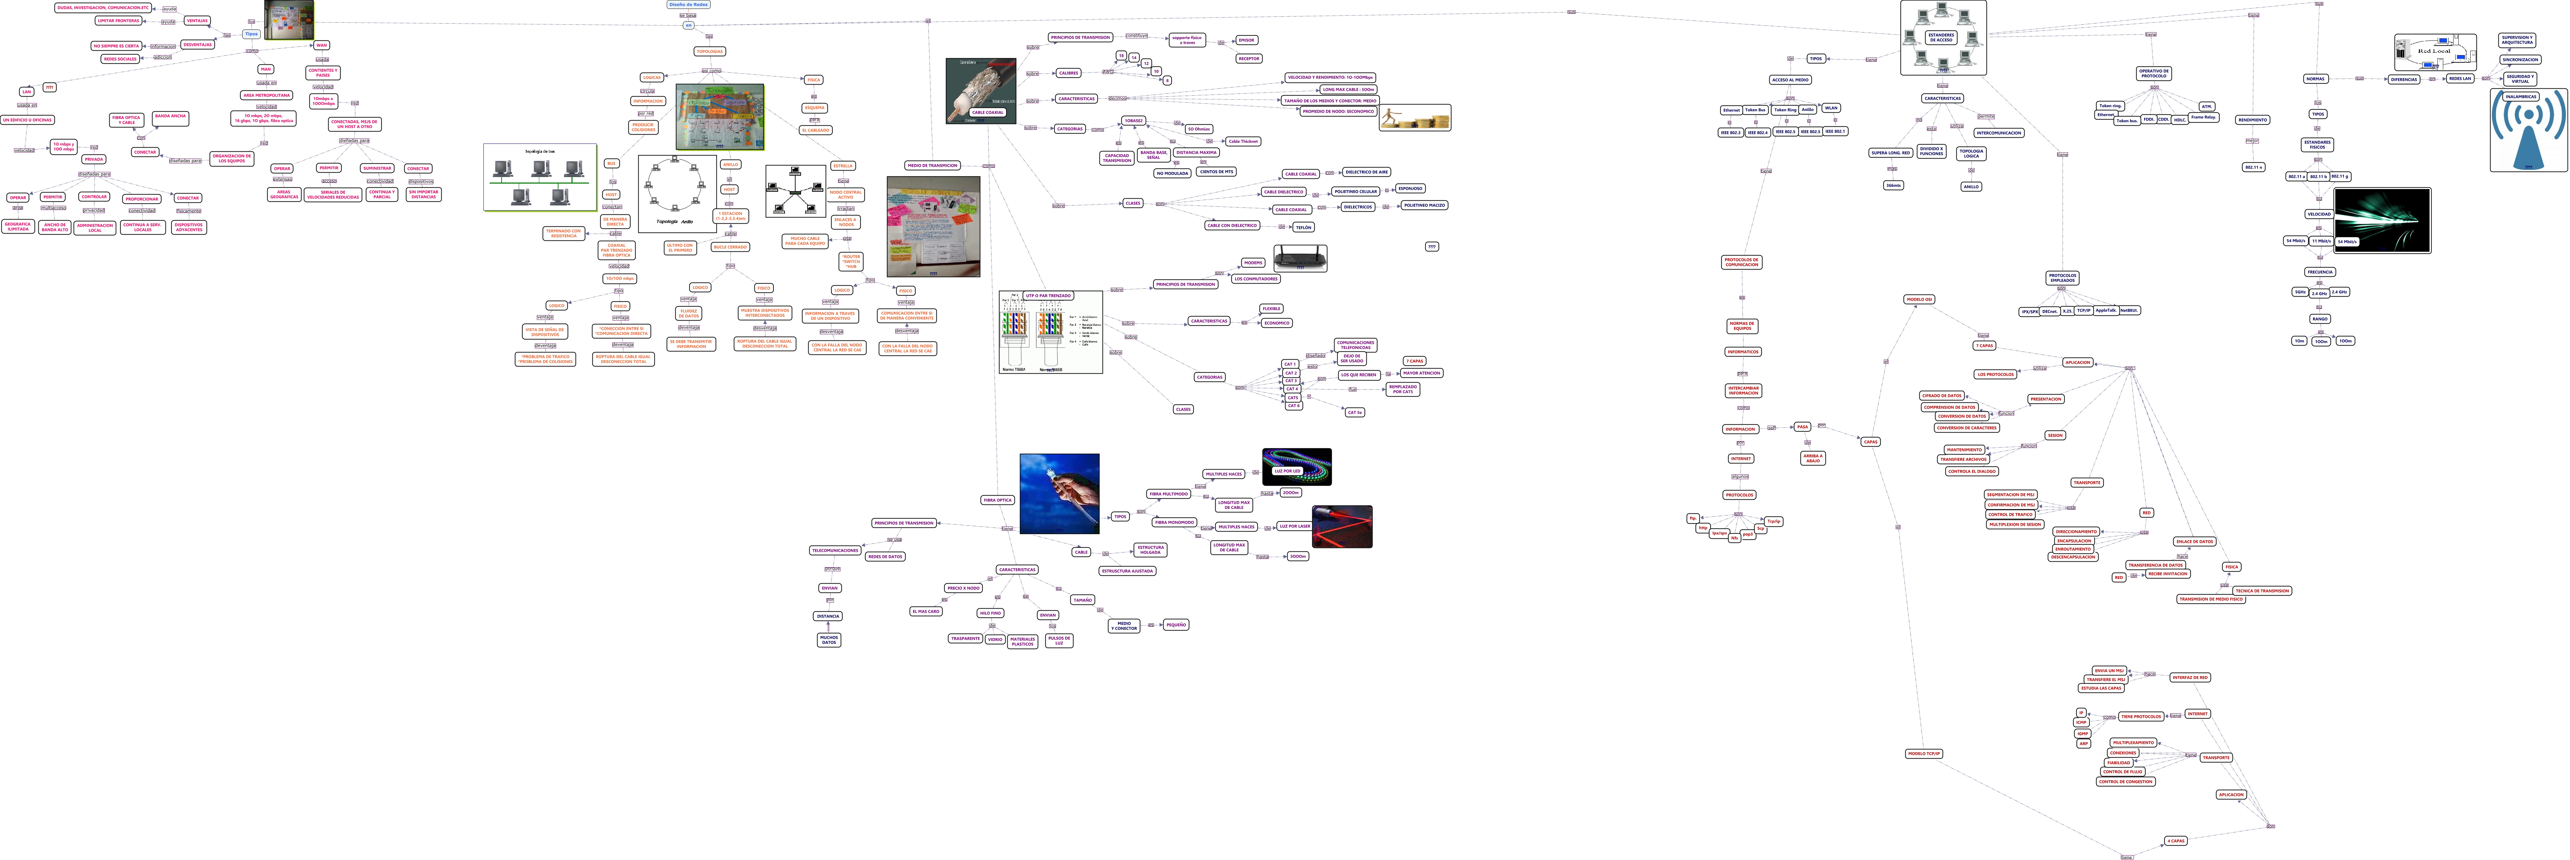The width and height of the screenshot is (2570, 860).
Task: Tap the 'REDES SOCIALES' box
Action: (x=120, y=59)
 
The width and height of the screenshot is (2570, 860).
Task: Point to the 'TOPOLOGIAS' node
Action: (x=709, y=51)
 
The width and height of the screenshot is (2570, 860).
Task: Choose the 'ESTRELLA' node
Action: (x=843, y=166)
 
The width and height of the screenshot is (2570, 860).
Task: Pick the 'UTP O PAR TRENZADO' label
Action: (x=1047, y=295)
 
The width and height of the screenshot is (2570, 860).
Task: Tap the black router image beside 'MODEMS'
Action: (x=1300, y=258)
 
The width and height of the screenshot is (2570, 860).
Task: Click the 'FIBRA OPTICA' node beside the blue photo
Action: (x=997, y=500)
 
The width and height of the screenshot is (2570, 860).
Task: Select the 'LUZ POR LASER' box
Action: (x=1294, y=526)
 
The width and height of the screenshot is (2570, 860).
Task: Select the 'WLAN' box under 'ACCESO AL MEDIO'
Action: (x=1831, y=108)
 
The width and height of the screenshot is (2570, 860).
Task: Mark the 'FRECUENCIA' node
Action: (x=2320, y=271)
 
